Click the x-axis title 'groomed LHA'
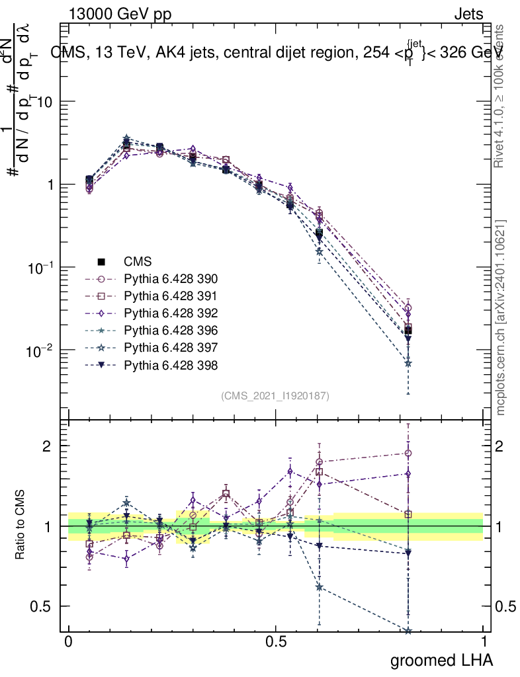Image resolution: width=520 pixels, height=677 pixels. (441, 659)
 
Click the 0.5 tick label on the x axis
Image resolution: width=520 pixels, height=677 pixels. (276, 642)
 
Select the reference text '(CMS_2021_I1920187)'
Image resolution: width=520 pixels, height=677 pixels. (275, 395)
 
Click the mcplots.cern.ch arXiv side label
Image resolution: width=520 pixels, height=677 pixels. (501, 318)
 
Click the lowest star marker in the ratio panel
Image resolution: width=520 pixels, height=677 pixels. (408, 631)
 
